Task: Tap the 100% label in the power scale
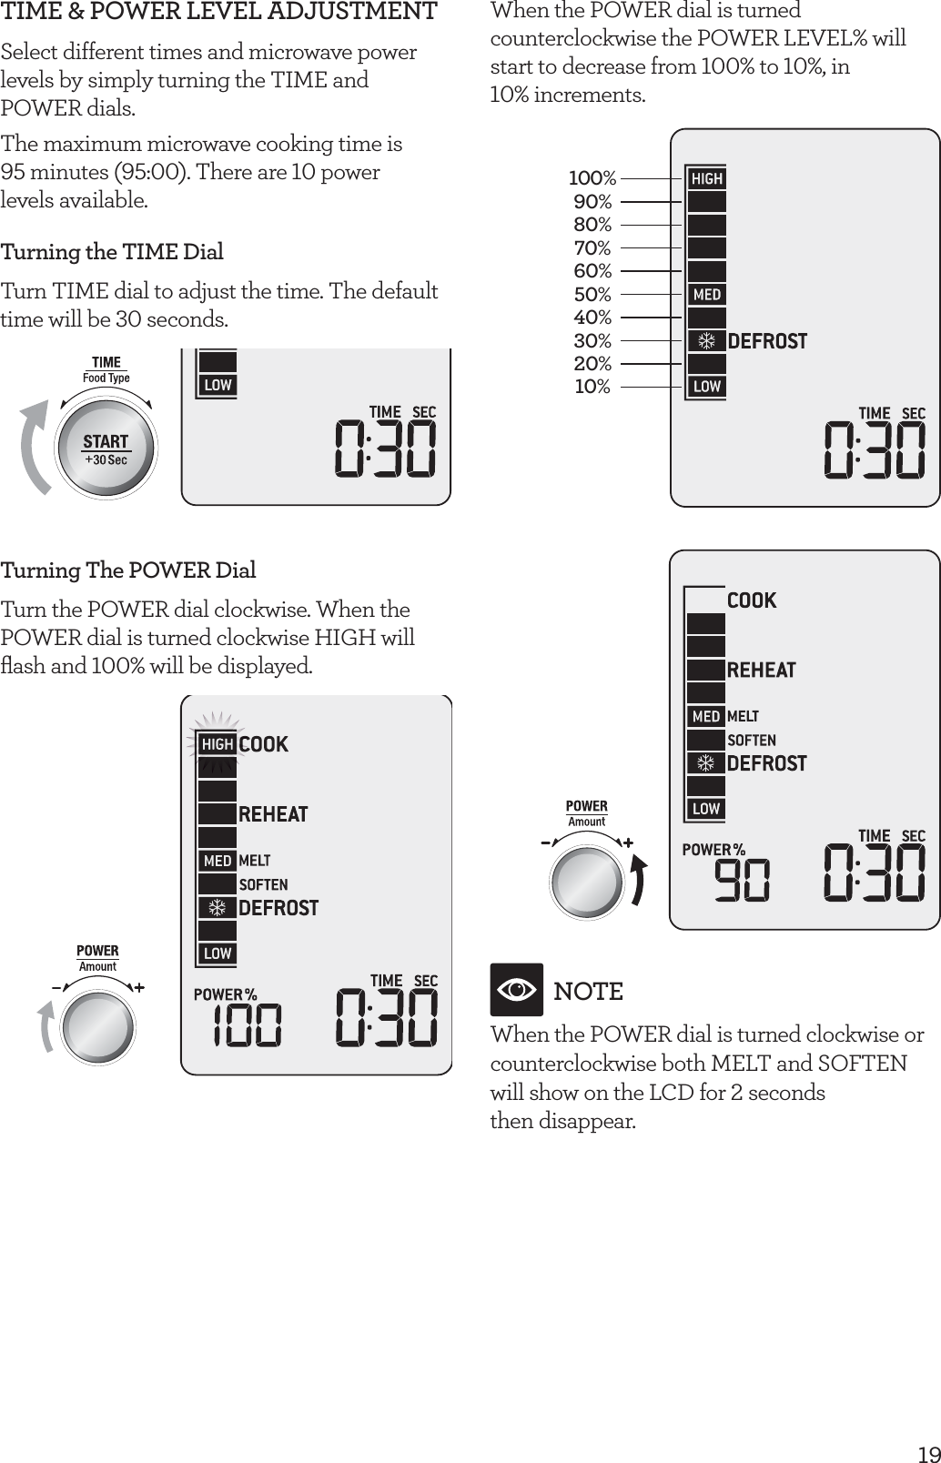(592, 177)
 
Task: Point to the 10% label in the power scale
(592, 387)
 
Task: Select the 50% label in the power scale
(592, 294)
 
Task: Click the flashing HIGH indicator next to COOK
(218, 744)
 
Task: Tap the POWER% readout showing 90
(741, 880)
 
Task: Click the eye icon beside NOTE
(517, 990)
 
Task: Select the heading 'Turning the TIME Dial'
(112, 252)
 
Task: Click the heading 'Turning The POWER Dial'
(128, 570)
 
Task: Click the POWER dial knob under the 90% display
(587, 880)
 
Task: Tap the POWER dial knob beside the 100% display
(97, 1025)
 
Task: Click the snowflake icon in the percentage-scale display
(705, 341)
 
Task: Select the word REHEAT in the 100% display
(273, 814)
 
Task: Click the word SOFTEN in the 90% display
(752, 741)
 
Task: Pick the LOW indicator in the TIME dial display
(218, 385)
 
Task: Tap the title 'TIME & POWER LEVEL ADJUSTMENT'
(218, 13)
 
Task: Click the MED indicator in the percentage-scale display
(706, 295)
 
